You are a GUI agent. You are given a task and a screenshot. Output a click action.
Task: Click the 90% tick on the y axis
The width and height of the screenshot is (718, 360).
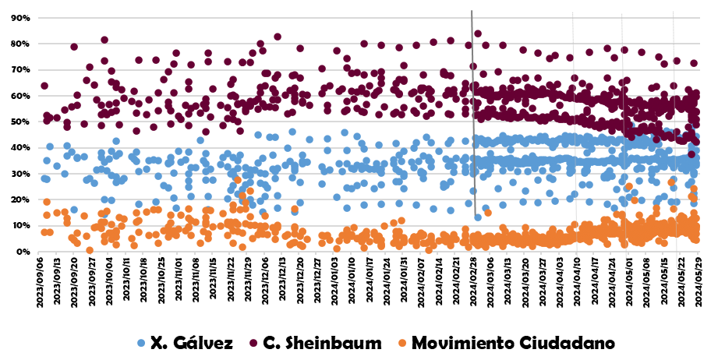click(x=19, y=18)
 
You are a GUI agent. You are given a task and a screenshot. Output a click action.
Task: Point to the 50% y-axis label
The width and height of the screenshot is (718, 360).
click(x=19, y=122)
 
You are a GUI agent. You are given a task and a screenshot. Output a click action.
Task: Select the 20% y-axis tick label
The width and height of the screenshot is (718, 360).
click(x=19, y=199)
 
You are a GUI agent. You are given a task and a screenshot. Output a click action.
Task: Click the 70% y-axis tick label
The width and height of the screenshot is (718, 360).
click(x=19, y=70)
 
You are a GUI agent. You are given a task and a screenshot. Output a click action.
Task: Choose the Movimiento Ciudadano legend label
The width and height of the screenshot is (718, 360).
click(x=513, y=342)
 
